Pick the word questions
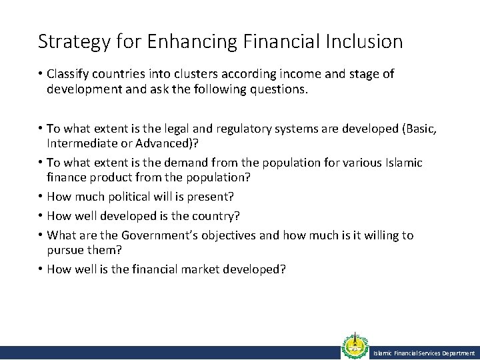pyautogui.click(x=279, y=89)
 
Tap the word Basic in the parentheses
pyautogui.click(x=422, y=129)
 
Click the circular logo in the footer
pyautogui.click(x=354, y=347)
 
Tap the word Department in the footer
pyautogui.click(x=457, y=353)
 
